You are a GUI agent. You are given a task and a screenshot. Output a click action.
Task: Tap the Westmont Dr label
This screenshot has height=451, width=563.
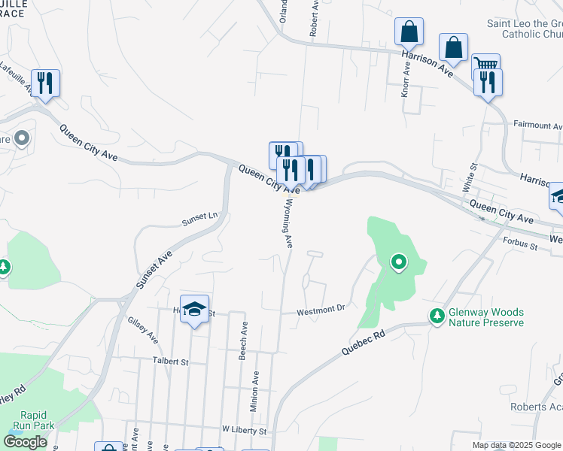[320, 307]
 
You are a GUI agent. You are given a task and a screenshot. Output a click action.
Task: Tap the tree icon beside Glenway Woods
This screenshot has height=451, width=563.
[436, 316]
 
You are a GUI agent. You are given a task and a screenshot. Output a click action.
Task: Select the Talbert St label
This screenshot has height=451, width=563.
[170, 361]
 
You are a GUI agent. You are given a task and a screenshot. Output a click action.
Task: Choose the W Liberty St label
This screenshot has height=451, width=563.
[244, 431]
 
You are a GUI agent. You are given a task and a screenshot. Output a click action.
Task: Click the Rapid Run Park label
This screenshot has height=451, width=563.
[38, 420]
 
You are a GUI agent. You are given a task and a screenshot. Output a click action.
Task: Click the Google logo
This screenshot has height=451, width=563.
[25, 441]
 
